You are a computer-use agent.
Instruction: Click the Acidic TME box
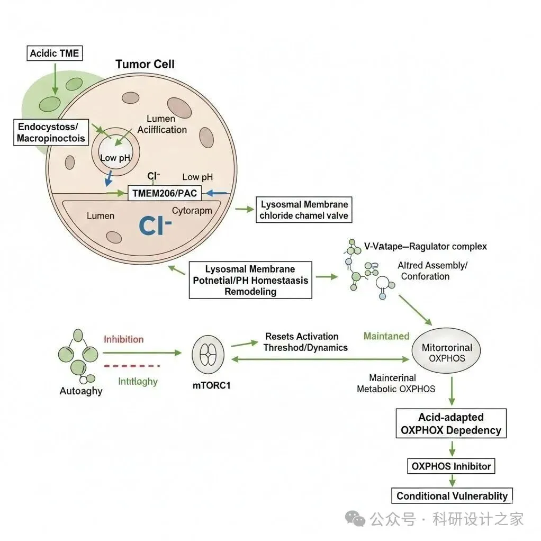point(54,53)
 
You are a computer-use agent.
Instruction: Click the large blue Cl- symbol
point(156,224)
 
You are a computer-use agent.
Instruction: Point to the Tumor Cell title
point(145,65)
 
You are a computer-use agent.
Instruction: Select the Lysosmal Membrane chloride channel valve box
point(303,210)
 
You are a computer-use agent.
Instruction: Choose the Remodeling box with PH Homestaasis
point(250,280)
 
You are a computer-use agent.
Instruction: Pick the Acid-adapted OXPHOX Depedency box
point(451,423)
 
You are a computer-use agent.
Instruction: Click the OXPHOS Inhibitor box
point(452,466)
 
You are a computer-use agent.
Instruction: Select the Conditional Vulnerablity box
point(452,496)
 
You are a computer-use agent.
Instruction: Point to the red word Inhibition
point(123,339)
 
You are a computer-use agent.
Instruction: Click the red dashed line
point(132,366)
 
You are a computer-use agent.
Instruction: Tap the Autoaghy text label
point(82,391)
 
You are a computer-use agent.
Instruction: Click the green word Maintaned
point(386,336)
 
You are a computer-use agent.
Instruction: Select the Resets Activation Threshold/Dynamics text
point(306,342)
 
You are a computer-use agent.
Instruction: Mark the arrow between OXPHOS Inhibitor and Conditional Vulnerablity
point(452,481)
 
